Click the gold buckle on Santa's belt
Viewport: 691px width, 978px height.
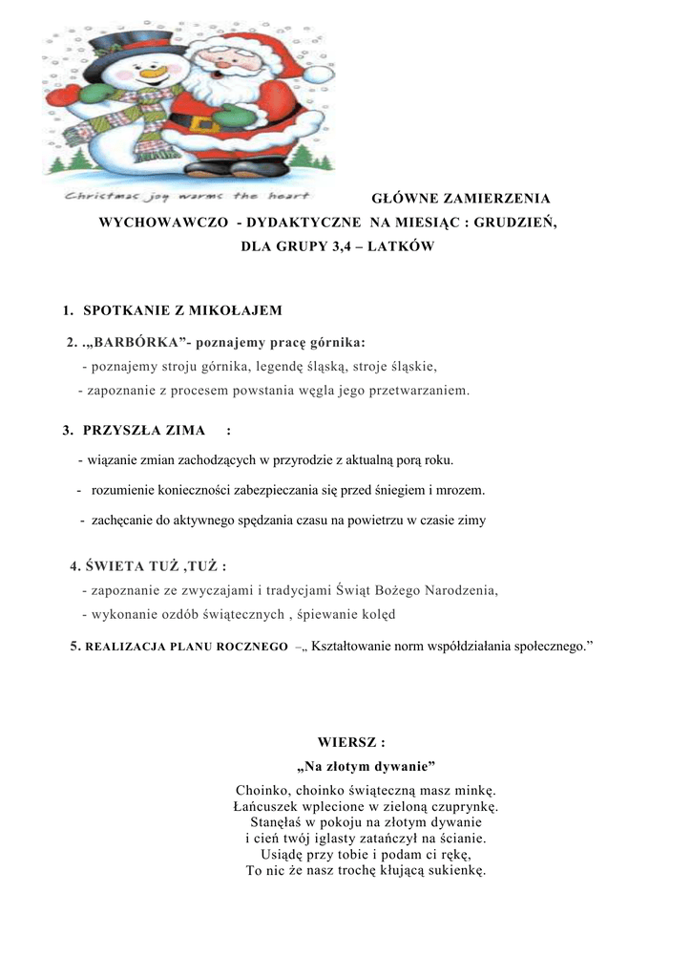[x=201, y=124]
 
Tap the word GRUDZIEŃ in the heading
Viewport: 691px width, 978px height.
[x=514, y=222]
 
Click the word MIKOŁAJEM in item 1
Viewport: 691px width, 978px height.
[x=235, y=310]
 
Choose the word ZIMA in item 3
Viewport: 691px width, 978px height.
[x=185, y=431]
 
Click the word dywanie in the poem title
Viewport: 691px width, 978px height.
[x=403, y=766]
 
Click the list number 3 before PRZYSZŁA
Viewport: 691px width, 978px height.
[x=67, y=431]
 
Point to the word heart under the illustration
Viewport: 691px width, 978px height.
[x=290, y=198]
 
